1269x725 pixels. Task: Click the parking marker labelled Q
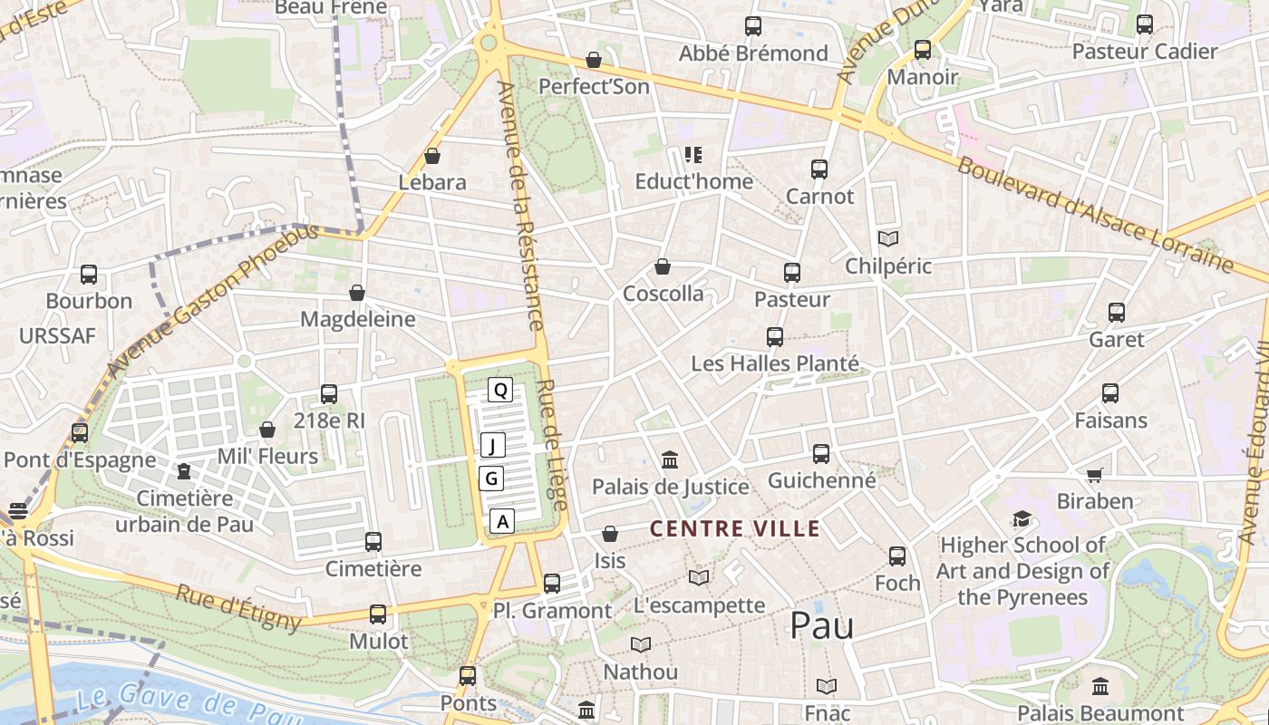(500, 391)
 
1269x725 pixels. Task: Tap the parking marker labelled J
(492, 445)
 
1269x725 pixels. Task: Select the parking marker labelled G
(491, 478)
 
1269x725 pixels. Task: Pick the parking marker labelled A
(502, 521)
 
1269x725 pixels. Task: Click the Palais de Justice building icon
(670, 460)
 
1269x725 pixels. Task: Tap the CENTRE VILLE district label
(735, 528)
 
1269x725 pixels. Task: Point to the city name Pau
(821, 625)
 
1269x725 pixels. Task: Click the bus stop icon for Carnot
(819, 169)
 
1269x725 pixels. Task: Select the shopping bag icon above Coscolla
(663, 267)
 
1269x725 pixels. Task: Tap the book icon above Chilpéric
(888, 239)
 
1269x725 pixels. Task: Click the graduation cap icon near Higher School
(1022, 519)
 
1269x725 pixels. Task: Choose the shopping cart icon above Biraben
(1095, 475)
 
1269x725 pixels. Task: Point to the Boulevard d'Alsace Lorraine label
(1094, 215)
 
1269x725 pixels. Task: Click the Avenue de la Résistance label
(520, 206)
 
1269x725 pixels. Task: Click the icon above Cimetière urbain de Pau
(184, 471)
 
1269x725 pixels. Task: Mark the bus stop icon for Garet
(1117, 313)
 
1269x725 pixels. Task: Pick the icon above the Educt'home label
(693, 155)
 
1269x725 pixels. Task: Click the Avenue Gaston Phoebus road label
(212, 300)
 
